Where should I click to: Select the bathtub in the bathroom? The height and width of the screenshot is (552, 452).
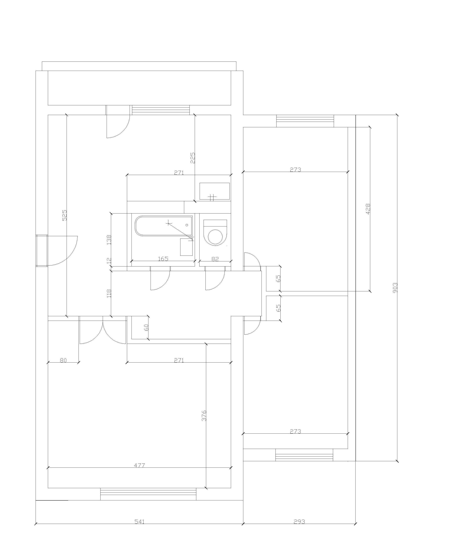[x=164, y=226]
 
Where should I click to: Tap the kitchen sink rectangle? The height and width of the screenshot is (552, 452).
[x=214, y=191]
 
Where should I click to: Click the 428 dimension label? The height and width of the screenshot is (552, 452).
[x=368, y=209]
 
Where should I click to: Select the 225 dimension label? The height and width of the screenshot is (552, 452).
[x=193, y=158]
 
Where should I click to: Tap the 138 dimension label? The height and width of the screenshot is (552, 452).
[x=109, y=240]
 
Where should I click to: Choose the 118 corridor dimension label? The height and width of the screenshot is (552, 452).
[x=109, y=293]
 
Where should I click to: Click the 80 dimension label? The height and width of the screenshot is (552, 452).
[x=63, y=360]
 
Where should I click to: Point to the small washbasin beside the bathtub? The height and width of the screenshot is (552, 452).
[x=186, y=247]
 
